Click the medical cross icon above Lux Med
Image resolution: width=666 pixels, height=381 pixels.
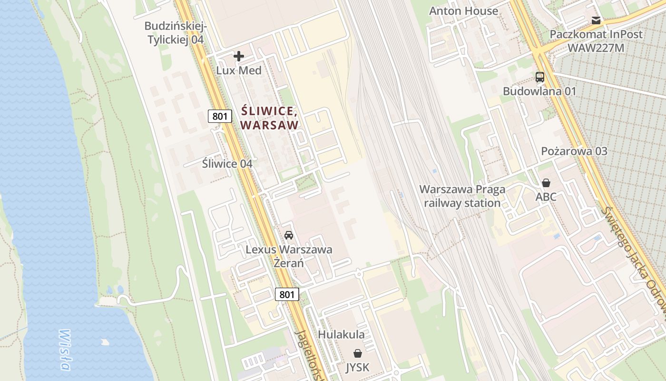click(239, 57)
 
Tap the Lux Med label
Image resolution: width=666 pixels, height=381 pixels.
click(239, 70)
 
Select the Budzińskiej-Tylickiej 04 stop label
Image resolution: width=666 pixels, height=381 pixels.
click(176, 33)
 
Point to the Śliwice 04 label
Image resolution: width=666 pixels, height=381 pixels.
click(227, 164)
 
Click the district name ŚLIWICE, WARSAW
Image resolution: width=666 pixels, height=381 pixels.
click(270, 118)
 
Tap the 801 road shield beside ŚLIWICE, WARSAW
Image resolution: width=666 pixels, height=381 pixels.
click(220, 116)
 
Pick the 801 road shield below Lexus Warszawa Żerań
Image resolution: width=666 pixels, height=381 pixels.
click(287, 294)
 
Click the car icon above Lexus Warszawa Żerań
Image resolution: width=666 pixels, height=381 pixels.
click(289, 235)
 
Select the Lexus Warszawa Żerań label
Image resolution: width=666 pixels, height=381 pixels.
click(289, 256)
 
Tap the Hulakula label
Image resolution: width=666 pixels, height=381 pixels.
click(342, 334)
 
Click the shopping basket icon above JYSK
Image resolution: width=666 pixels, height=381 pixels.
click(357, 353)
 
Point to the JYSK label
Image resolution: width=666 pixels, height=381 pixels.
click(357, 367)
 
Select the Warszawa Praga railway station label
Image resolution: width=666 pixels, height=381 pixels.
click(462, 196)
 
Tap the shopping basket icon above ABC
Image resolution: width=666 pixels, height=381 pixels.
click(546, 183)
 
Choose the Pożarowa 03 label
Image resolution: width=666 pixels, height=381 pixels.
click(574, 151)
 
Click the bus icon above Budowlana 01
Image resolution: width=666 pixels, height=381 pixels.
click(540, 77)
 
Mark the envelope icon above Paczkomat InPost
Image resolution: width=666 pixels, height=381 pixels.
click(596, 20)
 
